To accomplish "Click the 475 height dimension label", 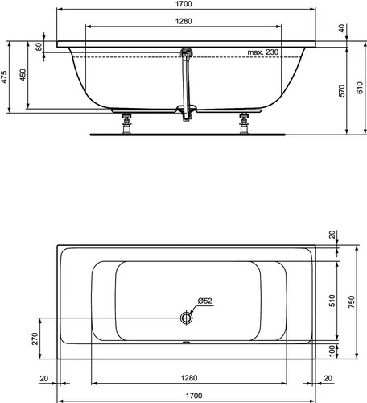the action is click(4, 77).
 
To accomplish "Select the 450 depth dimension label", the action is click(23, 75).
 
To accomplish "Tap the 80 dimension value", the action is click(39, 47).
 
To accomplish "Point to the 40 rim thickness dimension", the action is click(341, 28).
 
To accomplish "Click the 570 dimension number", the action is click(341, 90).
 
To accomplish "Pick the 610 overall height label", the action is click(361, 88).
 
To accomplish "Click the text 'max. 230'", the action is click(263, 52).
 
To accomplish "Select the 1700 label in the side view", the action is click(183, 4).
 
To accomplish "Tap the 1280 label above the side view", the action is click(183, 21).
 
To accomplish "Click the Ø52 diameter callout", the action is click(205, 301).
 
